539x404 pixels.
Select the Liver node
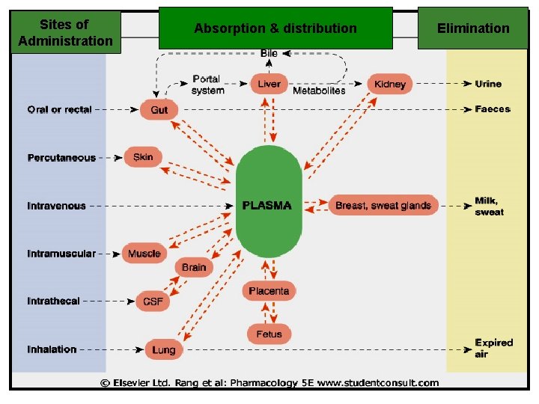tap(269, 84)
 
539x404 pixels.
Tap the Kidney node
tap(389, 84)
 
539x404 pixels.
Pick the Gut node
tap(159, 110)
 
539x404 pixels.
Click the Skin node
tap(143, 157)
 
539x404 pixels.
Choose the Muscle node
tap(144, 254)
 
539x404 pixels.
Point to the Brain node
tap(194, 267)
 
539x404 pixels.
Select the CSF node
tap(152, 302)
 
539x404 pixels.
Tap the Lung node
tap(162, 349)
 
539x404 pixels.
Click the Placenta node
tap(269, 291)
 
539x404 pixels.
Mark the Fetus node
tap(269, 333)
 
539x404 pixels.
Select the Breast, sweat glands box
tap(383, 206)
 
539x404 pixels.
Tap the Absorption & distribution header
tap(275, 28)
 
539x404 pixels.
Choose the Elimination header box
tap(473, 28)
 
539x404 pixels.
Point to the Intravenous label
tap(57, 206)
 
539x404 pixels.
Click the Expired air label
tap(493, 348)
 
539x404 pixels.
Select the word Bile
tap(269, 53)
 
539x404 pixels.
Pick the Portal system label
tap(207, 85)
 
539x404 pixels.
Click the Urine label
tap(488, 84)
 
